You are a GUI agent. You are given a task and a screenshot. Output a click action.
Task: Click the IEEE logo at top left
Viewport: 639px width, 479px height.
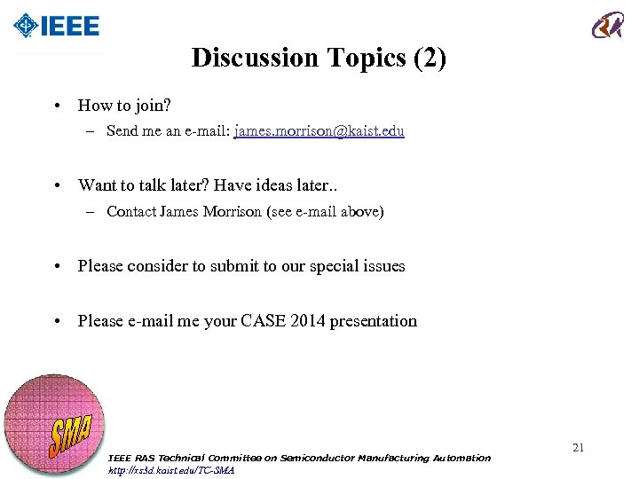coord(57,26)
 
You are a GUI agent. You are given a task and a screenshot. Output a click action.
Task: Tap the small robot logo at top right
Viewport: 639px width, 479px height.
coord(608,25)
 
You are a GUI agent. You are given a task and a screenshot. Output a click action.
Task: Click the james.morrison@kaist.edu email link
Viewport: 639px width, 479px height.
coord(319,131)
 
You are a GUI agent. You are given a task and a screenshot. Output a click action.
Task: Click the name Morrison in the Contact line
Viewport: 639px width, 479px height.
coord(233,212)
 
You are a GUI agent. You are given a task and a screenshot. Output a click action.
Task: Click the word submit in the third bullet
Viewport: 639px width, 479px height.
coord(233,266)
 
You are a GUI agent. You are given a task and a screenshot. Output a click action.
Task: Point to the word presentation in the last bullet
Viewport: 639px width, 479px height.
coord(373,321)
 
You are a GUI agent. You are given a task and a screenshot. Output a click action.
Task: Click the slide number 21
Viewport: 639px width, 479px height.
coord(578,448)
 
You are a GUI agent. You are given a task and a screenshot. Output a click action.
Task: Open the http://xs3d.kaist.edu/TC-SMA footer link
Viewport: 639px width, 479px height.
coord(170,470)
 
